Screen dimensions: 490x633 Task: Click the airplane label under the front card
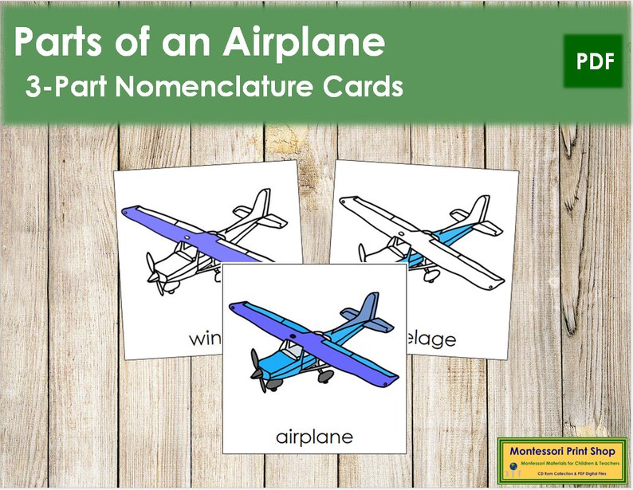tap(314, 437)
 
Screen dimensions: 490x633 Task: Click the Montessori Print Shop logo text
tap(562, 452)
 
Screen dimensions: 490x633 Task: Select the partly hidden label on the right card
tap(435, 339)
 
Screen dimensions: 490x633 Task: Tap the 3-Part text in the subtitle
tap(64, 88)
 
